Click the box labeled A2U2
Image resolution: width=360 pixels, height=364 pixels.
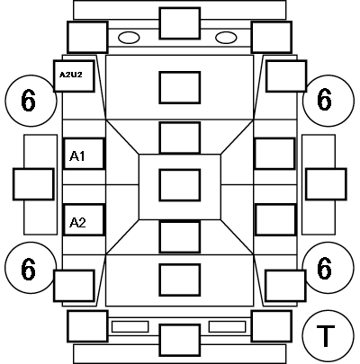(x=74, y=76)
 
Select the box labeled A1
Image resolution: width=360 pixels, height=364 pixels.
(x=84, y=154)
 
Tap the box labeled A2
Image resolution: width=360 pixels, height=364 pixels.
(x=84, y=220)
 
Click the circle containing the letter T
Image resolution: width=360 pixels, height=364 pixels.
(x=328, y=336)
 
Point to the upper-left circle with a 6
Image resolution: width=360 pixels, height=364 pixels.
(x=31, y=101)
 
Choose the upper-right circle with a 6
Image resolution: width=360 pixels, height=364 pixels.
(x=328, y=101)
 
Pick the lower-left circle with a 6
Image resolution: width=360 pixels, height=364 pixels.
(x=31, y=268)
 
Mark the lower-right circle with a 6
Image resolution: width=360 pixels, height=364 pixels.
(x=328, y=268)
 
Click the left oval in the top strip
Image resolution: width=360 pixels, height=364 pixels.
(x=129, y=38)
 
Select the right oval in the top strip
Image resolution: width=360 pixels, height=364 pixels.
(x=226, y=38)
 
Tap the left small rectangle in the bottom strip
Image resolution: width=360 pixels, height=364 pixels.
(x=130, y=326)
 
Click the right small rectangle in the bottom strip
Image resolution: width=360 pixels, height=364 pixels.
(x=227, y=326)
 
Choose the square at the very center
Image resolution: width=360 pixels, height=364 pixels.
(x=180, y=185)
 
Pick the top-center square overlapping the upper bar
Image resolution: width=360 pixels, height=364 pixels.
(x=180, y=23)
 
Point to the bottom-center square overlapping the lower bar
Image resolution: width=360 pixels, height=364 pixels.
(x=180, y=341)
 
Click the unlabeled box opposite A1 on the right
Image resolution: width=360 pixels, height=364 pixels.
(x=275, y=154)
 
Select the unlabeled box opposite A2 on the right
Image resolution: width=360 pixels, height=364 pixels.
(x=275, y=220)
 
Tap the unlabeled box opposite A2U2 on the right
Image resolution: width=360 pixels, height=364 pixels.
(x=286, y=76)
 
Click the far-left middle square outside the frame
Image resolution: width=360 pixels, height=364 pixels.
(x=33, y=184)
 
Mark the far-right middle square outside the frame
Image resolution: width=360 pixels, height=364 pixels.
(x=326, y=184)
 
